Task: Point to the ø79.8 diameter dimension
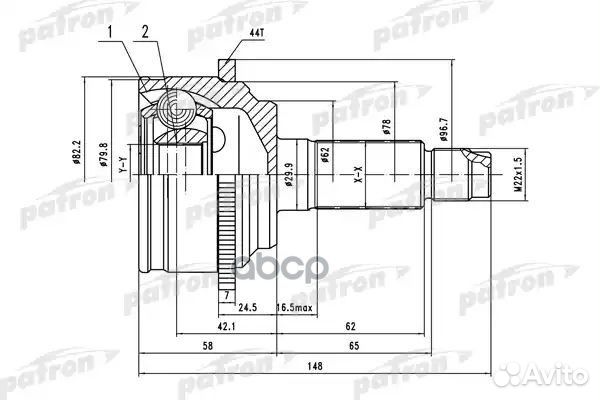pos(105,156)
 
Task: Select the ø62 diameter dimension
pos(325,154)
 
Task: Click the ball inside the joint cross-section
pos(174,103)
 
